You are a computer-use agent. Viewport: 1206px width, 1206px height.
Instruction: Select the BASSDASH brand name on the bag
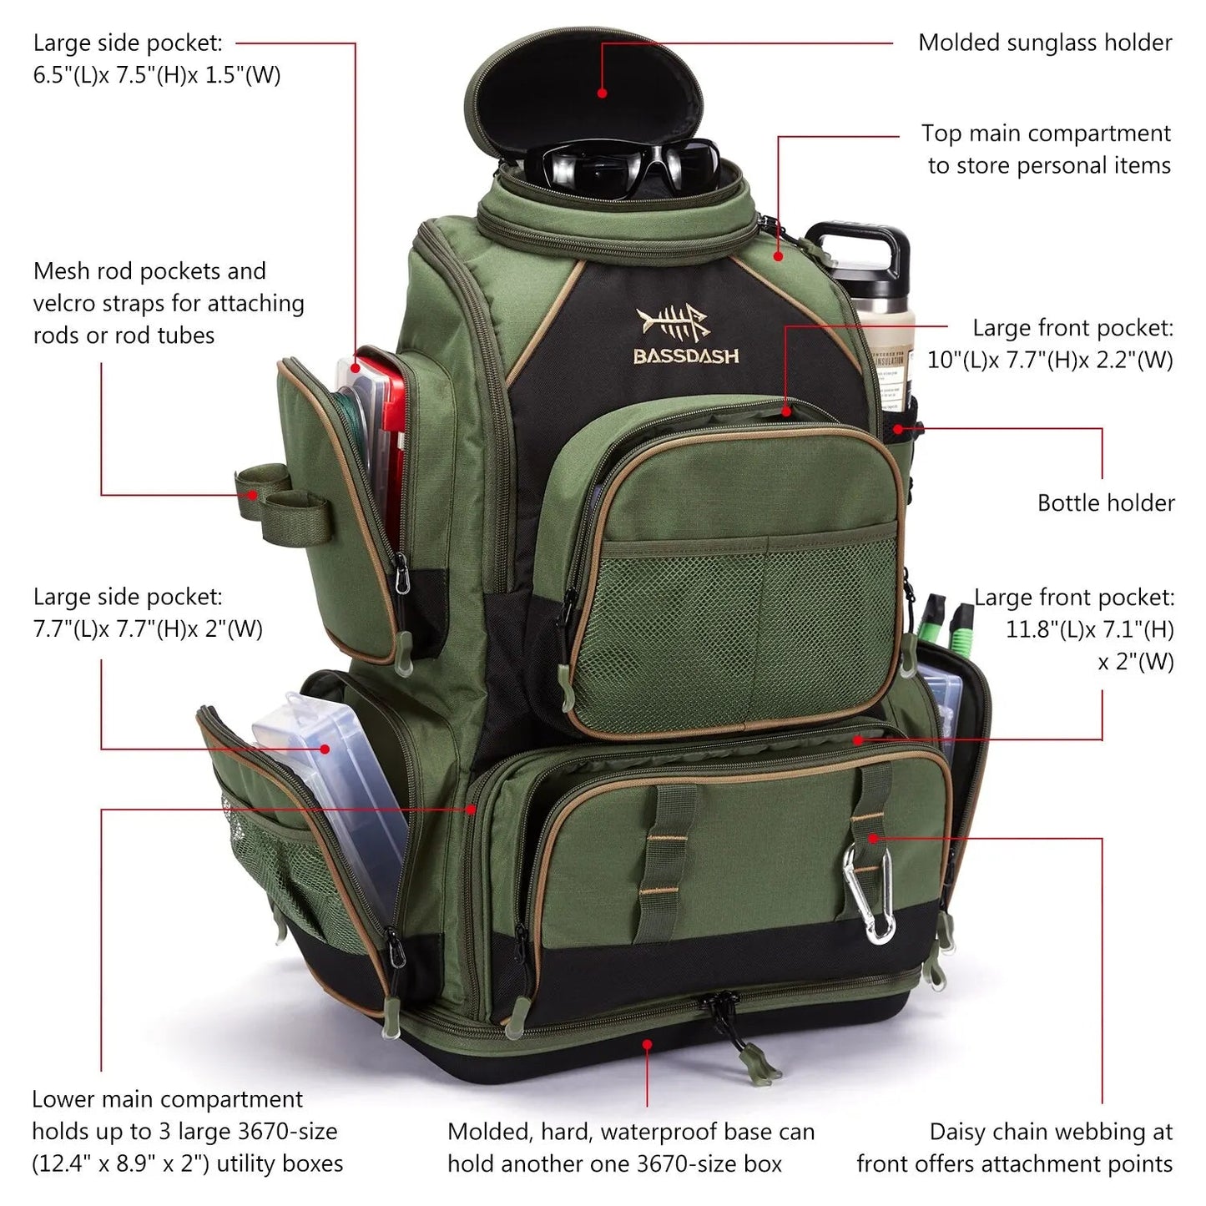click(x=686, y=356)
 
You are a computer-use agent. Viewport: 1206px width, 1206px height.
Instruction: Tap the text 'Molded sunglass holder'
click(x=1045, y=43)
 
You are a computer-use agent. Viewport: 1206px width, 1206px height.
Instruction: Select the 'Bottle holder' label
click(x=1106, y=502)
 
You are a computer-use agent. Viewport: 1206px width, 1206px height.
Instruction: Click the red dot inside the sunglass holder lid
click(x=603, y=93)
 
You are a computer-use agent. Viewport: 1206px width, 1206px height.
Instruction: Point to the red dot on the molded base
click(x=648, y=1043)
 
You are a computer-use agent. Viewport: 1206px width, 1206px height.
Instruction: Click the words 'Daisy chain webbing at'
click(x=1051, y=1132)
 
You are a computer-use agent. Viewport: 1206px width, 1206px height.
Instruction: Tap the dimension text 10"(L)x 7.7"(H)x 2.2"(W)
click(x=1050, y=360)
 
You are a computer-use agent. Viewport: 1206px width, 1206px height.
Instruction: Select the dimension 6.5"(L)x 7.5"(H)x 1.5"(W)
click(x=157, y=75)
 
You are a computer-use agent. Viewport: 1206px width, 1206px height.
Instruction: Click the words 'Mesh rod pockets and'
click(x=149, y=271)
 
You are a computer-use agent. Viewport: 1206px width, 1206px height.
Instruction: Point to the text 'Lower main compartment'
click(x=167, y=1100)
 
